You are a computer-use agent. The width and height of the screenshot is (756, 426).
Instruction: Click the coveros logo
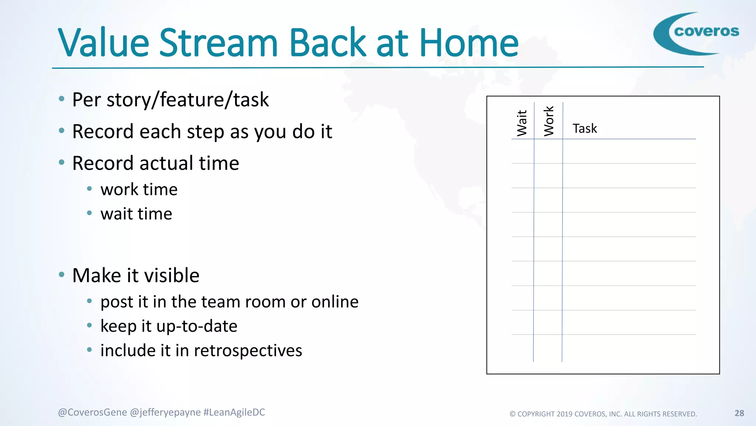pyautogui.click(x=696, y=33)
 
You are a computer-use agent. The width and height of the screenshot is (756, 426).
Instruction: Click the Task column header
pyautogui.click(x=585, y=129)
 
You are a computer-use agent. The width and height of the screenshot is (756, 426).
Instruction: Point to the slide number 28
pyautogui.click(x=739, y=413)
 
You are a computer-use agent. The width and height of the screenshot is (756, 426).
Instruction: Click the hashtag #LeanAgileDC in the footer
pyautogui.click(x=234, y=412)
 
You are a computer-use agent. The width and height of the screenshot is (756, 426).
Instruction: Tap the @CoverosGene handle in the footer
pyautogui.click(x=92, y=412)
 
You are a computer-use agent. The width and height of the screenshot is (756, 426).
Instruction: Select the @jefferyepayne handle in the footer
pyautogui.click(x=165, y=412)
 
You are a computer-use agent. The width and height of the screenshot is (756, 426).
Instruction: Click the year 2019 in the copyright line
pyautogui.click(x=564, y=414)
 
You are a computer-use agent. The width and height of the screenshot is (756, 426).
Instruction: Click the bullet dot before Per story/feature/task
pyautogui.click(x=62, y=99)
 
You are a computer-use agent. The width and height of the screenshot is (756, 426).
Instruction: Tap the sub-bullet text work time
pyautogui.click(x=139, y=190)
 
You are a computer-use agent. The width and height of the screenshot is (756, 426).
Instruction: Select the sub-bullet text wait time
pyautogui.click(x=136, y=214)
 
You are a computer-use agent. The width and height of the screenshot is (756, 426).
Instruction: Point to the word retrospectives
pyautogui.click(x=248, y=351)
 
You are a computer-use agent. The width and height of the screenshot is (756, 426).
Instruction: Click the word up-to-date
pyautogui.click(x=197, y=326)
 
